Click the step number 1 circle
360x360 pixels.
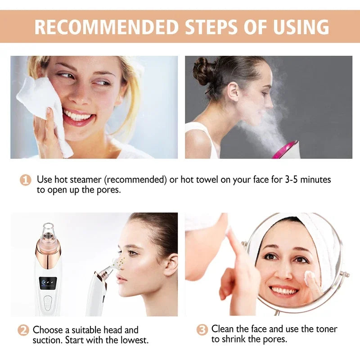tap(26, 180)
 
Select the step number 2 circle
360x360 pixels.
tap(23, 330)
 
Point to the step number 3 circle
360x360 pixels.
tap(202, 329)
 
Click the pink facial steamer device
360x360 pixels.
tap(286, 149)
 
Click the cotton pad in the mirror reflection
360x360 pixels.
tap(310, 279)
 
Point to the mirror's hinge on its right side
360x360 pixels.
tap(345, 274)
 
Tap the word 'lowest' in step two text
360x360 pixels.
tap(133, 340)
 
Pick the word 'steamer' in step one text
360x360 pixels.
tap(85, 180)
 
